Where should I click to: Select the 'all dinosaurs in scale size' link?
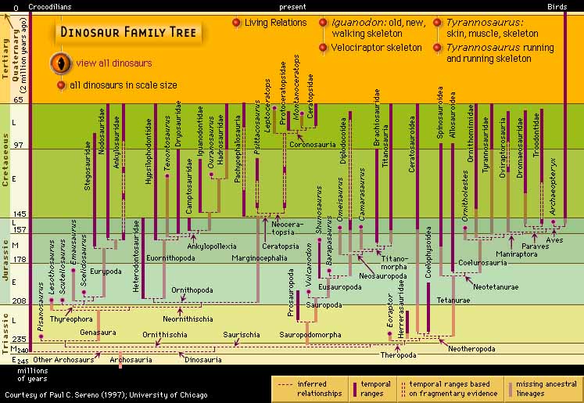pyautogui.click(x=124, y=85)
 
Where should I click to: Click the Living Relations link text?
pyautogui.click(x=275, y=23)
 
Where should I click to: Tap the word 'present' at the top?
pyautogui.click(x=296, y=6)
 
